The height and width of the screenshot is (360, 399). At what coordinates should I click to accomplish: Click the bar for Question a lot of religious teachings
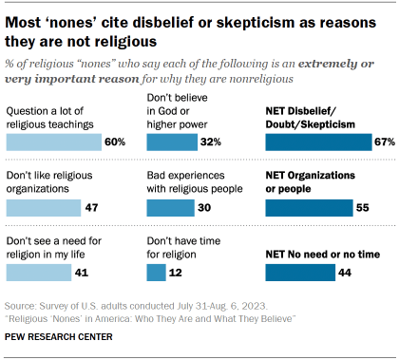tap(54, 142)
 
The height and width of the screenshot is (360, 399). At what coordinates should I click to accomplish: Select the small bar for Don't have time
tap(157, 273)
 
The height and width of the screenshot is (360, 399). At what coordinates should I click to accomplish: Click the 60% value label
tap(115, 142)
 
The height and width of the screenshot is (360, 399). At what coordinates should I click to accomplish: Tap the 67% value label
tap(383, 142)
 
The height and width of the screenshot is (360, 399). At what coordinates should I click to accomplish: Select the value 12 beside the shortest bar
tap(176, 273)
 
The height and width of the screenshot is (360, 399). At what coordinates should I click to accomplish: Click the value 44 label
tap(344, 273)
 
